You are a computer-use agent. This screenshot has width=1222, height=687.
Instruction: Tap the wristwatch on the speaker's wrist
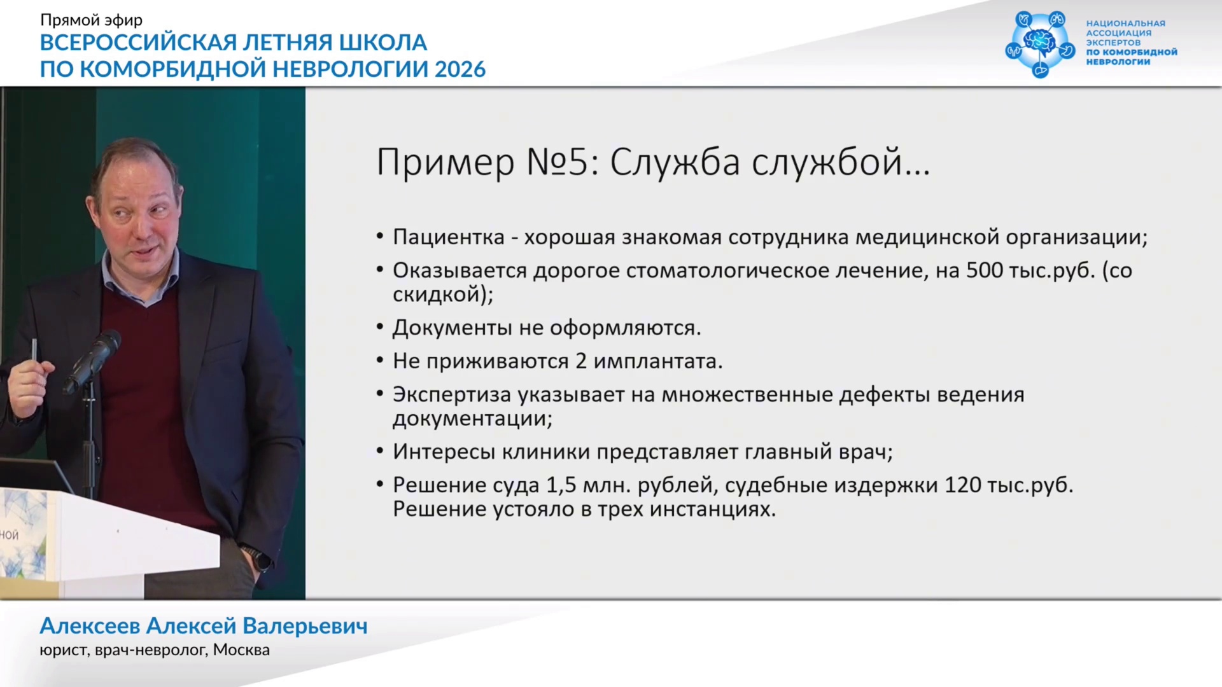[256, 558]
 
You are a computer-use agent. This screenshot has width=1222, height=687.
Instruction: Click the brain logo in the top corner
[1039, 44]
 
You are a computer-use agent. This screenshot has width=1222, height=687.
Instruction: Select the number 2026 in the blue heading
[460, 69]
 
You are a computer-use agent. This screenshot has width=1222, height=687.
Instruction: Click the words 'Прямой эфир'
[91, 20]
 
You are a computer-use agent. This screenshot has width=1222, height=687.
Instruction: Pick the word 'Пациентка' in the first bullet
[449, 237]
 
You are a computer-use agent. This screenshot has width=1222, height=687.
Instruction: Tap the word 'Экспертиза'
[452, 395]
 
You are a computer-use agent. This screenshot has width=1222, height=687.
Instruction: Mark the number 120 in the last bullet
[964, 485]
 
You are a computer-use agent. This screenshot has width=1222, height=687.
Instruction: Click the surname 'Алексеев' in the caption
[90, 626]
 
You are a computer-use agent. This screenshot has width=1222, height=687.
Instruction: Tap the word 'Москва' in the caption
[241, 650]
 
